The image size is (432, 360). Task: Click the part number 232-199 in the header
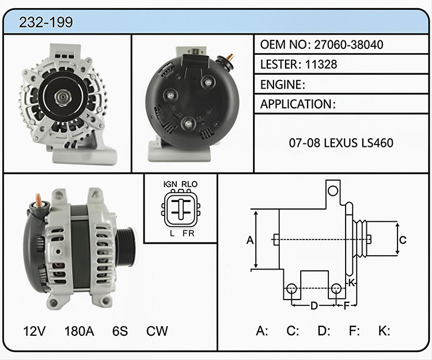pos(46,22)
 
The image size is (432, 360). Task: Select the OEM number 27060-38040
pos(348,44)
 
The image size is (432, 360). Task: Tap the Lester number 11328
pos(321,65)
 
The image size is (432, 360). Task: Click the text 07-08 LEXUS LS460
pos(341,143)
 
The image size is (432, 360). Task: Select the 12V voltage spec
pos(35,331)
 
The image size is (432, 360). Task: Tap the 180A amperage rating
pos(79,331)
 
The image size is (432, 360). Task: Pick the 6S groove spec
pos(120,331)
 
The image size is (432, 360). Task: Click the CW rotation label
pos(157,331)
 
